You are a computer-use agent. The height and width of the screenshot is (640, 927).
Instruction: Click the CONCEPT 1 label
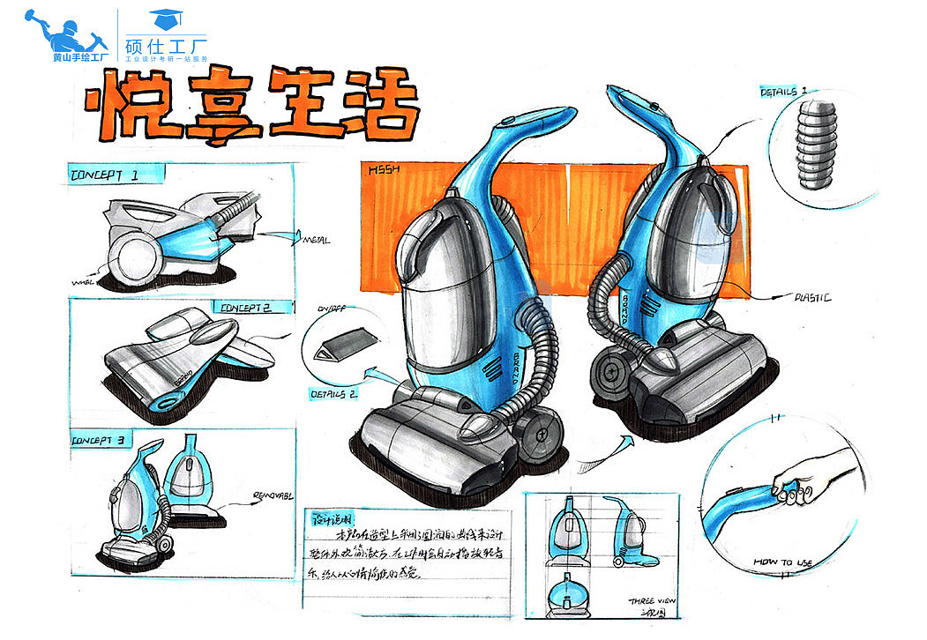pos(104,175)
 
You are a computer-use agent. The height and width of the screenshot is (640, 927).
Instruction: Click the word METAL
pos(317,239)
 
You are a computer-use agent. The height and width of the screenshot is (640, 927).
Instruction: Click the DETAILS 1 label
pos(783,92)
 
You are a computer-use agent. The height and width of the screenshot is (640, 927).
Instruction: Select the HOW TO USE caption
pos(783,561)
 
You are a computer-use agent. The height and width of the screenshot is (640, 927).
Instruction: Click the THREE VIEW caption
pos(653,601)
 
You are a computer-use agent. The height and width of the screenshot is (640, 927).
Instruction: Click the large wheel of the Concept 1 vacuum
pos(134,257)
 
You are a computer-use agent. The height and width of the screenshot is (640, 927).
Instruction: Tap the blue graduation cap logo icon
pos(163,18)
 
